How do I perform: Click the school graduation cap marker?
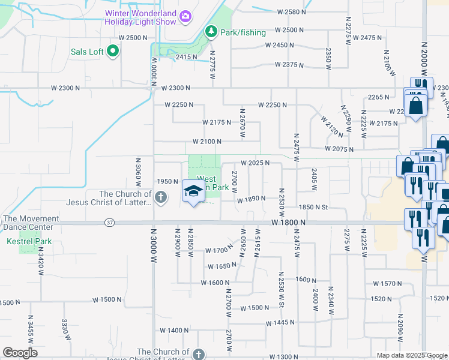[x=193, y=192]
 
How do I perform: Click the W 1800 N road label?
[x=288, y=223]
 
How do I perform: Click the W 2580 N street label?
[x=291, y=12]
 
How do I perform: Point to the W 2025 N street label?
[x=255, y=163]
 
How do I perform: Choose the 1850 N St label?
[x=314, y=208]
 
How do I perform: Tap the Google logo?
[x=20, y=353]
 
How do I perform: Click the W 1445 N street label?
[x=280, y=323]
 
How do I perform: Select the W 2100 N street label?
[x=207, y=142]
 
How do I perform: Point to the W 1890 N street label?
[x=250, y=200]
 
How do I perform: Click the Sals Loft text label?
[x=87, y=52]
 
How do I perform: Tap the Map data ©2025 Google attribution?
[x=411, y=356]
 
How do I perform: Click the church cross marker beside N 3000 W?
[x=160, y=197]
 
